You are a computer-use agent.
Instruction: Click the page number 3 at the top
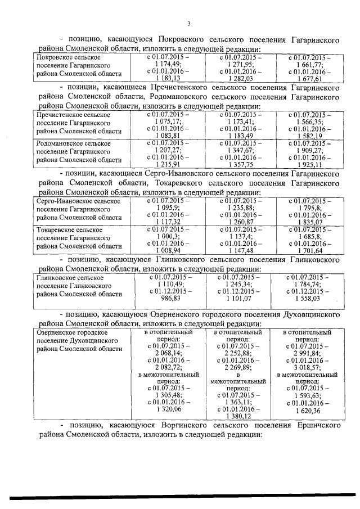pyautogui.click(x=189, y=23)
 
